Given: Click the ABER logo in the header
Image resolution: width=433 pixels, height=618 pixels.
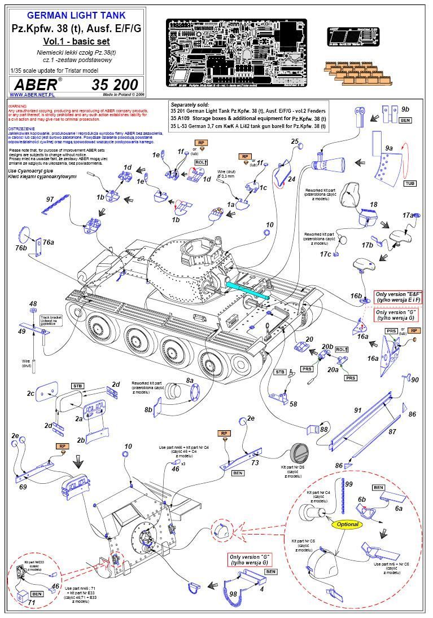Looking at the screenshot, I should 34,84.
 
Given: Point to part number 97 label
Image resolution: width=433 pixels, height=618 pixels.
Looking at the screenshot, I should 50,200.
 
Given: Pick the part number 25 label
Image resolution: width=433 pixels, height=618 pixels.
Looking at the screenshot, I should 295,141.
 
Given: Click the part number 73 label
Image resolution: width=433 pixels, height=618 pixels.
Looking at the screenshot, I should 255,462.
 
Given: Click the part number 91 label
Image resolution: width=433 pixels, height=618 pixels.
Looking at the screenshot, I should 357,410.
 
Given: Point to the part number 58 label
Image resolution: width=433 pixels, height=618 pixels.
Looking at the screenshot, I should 294,404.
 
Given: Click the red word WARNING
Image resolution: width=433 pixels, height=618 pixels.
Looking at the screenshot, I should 18,105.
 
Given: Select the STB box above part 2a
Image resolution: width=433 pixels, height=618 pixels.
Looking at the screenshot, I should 77,386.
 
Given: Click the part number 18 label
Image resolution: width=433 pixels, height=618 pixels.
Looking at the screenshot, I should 374,205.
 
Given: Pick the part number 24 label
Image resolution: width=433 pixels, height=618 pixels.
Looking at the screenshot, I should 291,179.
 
